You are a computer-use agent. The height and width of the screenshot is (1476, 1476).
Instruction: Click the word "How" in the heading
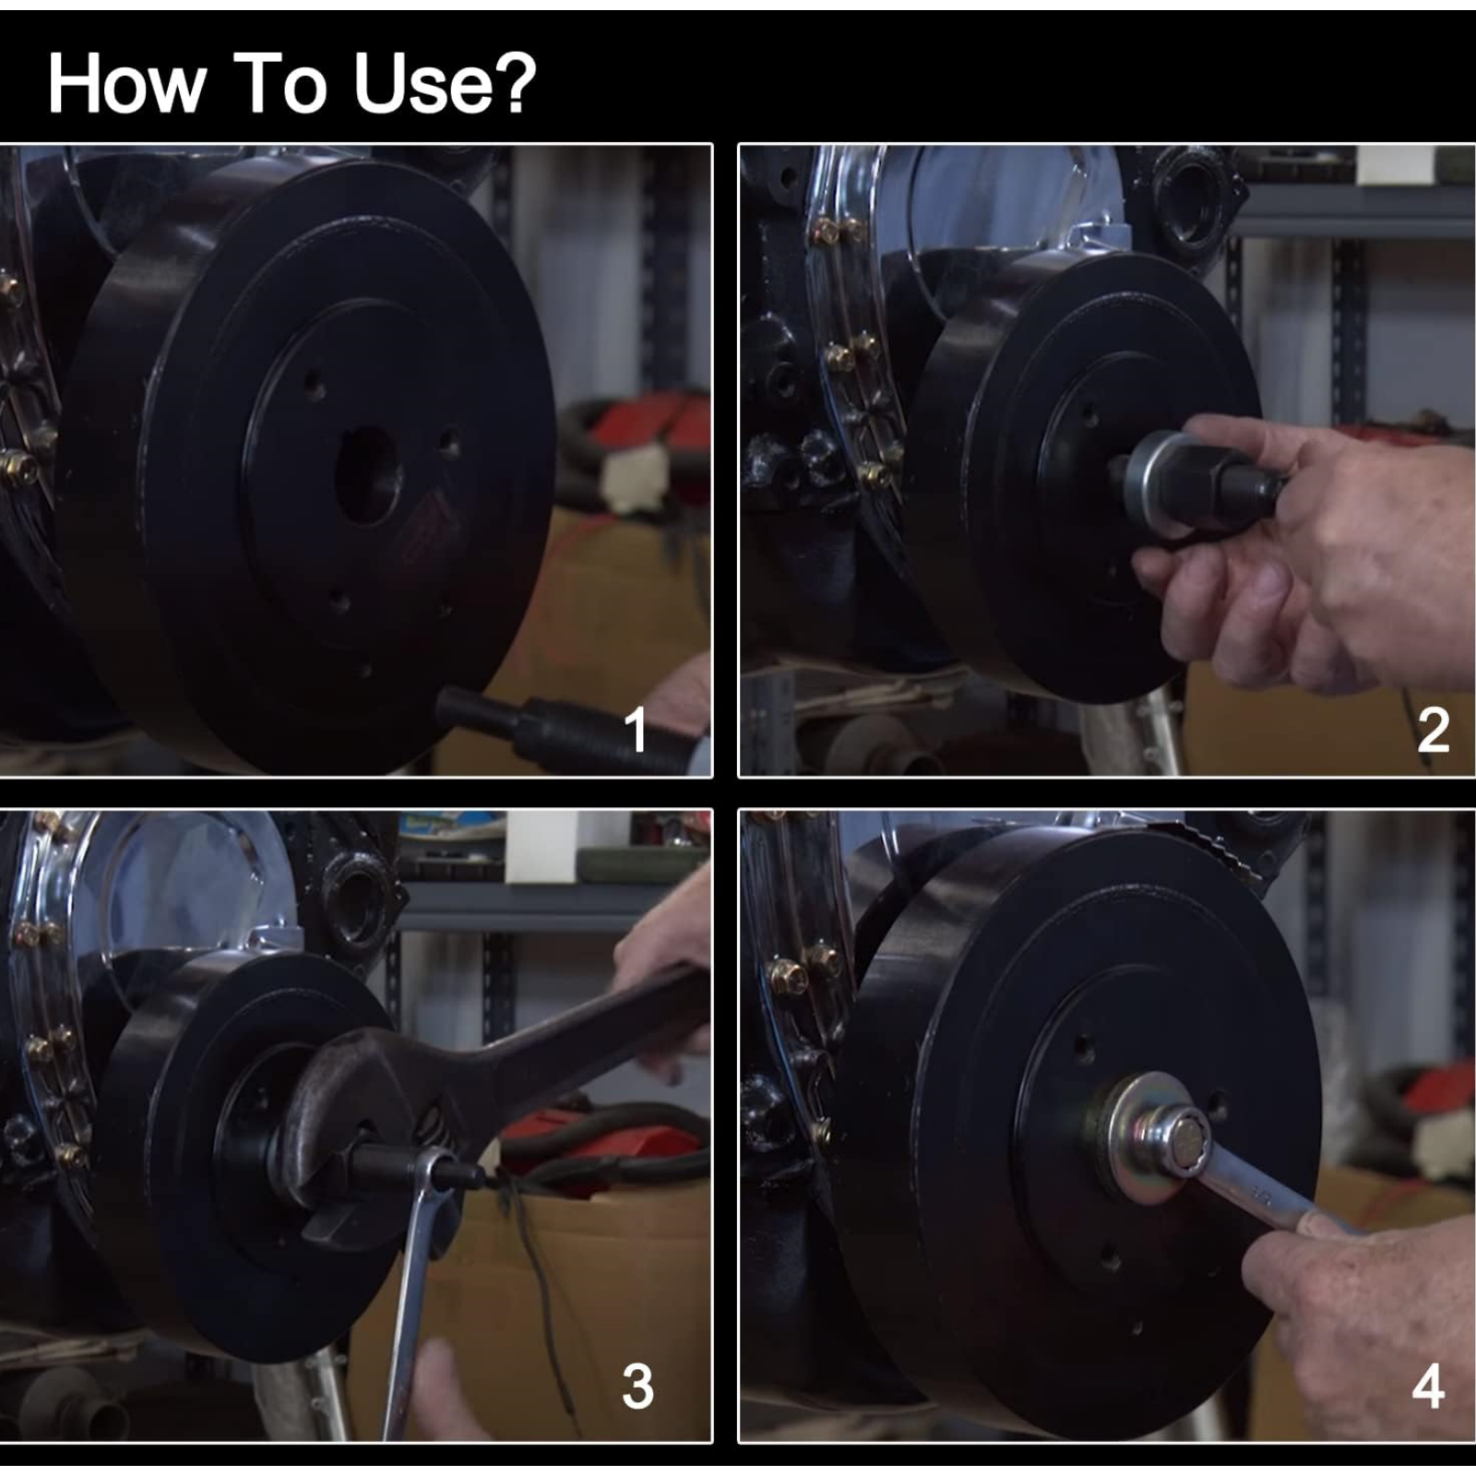coord(126,84)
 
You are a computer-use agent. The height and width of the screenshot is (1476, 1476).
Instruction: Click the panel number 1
coord(635,731)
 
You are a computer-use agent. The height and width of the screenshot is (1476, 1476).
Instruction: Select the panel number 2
coord(1433,731)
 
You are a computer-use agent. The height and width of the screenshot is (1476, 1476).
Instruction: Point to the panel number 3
coord(637,1387)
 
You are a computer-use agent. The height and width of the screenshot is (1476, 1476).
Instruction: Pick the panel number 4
coord(1428,1387)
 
